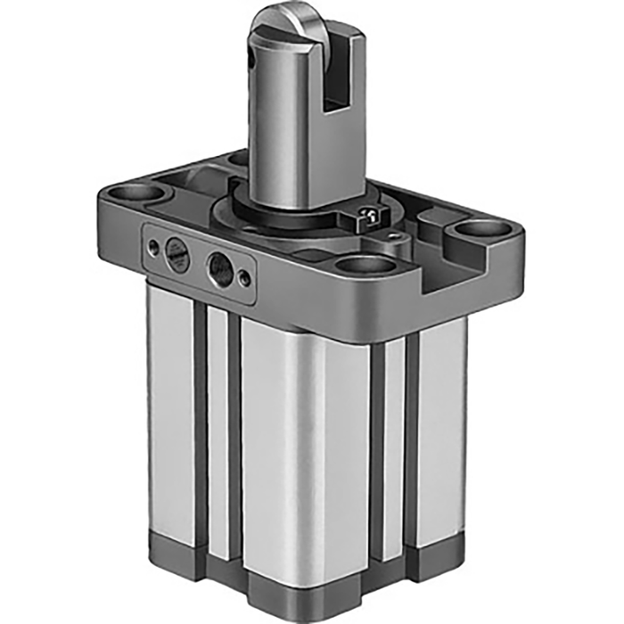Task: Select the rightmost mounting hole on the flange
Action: point(482,229)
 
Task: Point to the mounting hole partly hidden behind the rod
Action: point(238,160)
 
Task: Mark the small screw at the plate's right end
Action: point(245,278)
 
